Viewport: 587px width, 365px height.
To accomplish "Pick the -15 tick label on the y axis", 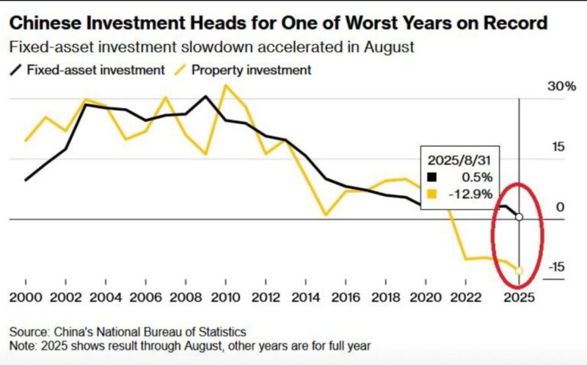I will point(556,267).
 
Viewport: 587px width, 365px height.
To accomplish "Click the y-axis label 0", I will point(560,208).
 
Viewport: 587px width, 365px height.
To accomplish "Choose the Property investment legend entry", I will point(250,71).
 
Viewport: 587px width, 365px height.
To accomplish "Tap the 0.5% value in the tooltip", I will point(478,177).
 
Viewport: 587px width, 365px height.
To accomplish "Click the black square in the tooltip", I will point(431,177).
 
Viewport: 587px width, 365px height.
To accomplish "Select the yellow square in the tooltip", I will point(431,194).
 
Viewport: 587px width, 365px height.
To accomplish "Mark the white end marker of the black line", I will point(519,217).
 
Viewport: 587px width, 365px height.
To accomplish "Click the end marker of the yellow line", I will point(519,271).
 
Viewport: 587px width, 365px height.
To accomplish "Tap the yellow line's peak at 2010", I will point(225,86).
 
